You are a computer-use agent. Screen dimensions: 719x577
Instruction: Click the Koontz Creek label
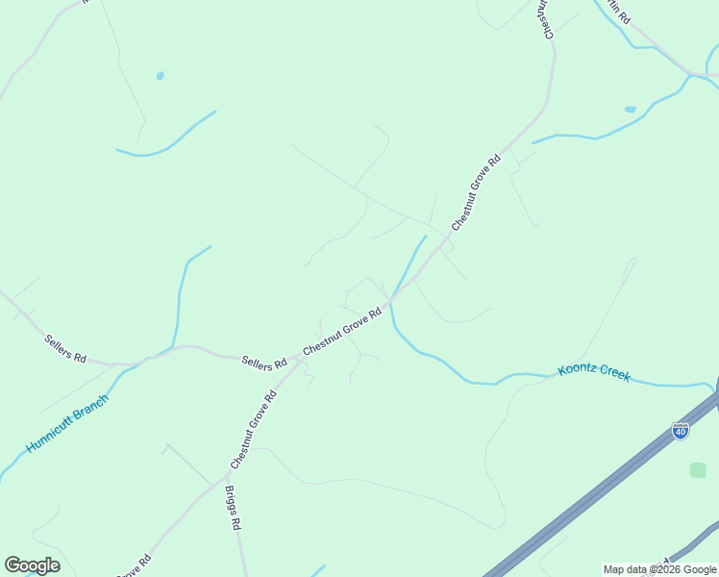pyautogui.click(x=594, y=372)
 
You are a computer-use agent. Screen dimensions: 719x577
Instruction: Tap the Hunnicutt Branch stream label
pyautogui.click(x=67, y=423)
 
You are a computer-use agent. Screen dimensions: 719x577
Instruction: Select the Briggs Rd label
pyautogui.click(x=232, y=508)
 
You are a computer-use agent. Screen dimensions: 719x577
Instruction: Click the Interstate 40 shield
pyautogui.click(x=681, y=431)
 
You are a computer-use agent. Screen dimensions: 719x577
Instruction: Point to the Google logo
pyautogui.click(x=32, y=565)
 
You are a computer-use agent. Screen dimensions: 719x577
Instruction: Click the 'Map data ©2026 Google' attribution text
pyautogui.click(x=659, y=569)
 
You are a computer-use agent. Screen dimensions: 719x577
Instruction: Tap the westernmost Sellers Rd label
pyautogui.click(x=65, y=348)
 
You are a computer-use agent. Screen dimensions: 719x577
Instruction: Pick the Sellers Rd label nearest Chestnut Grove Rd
pyautogui.click(x=264, y=363)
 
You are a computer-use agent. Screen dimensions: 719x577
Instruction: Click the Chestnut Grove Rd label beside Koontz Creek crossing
pyautogui.click(x=343, y=335)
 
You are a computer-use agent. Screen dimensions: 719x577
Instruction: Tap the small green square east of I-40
pyautogui.click(x=698, y=470)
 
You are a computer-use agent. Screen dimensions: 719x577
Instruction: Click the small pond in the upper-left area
pyautogui.click(x=160, y=75)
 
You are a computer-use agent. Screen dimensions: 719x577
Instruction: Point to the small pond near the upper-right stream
pyautogui.click(x=631, y=110)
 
